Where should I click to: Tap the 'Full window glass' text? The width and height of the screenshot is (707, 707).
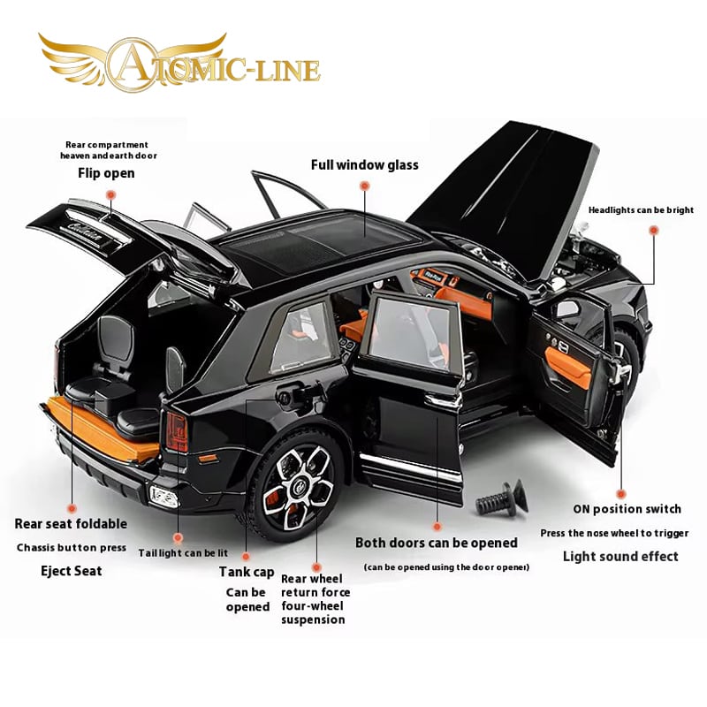pos(364,164)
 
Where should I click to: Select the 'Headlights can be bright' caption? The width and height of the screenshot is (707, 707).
pos(641,210)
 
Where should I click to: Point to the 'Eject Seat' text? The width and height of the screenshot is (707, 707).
pos(72,571)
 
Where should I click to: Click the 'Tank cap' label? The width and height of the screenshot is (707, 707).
pos(247,572)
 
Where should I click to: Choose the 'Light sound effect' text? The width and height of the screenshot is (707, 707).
pos(620,556)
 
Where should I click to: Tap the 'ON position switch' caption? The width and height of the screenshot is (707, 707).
pos(627,509)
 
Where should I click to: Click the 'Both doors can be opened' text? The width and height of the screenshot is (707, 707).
pos(437,543)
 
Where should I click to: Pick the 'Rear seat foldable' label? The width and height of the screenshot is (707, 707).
pos(71,524)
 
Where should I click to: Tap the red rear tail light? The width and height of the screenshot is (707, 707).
pos(177,430)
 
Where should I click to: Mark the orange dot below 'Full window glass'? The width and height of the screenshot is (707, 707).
pos(363,186)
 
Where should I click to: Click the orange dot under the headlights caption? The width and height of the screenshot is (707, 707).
pos(654,230)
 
